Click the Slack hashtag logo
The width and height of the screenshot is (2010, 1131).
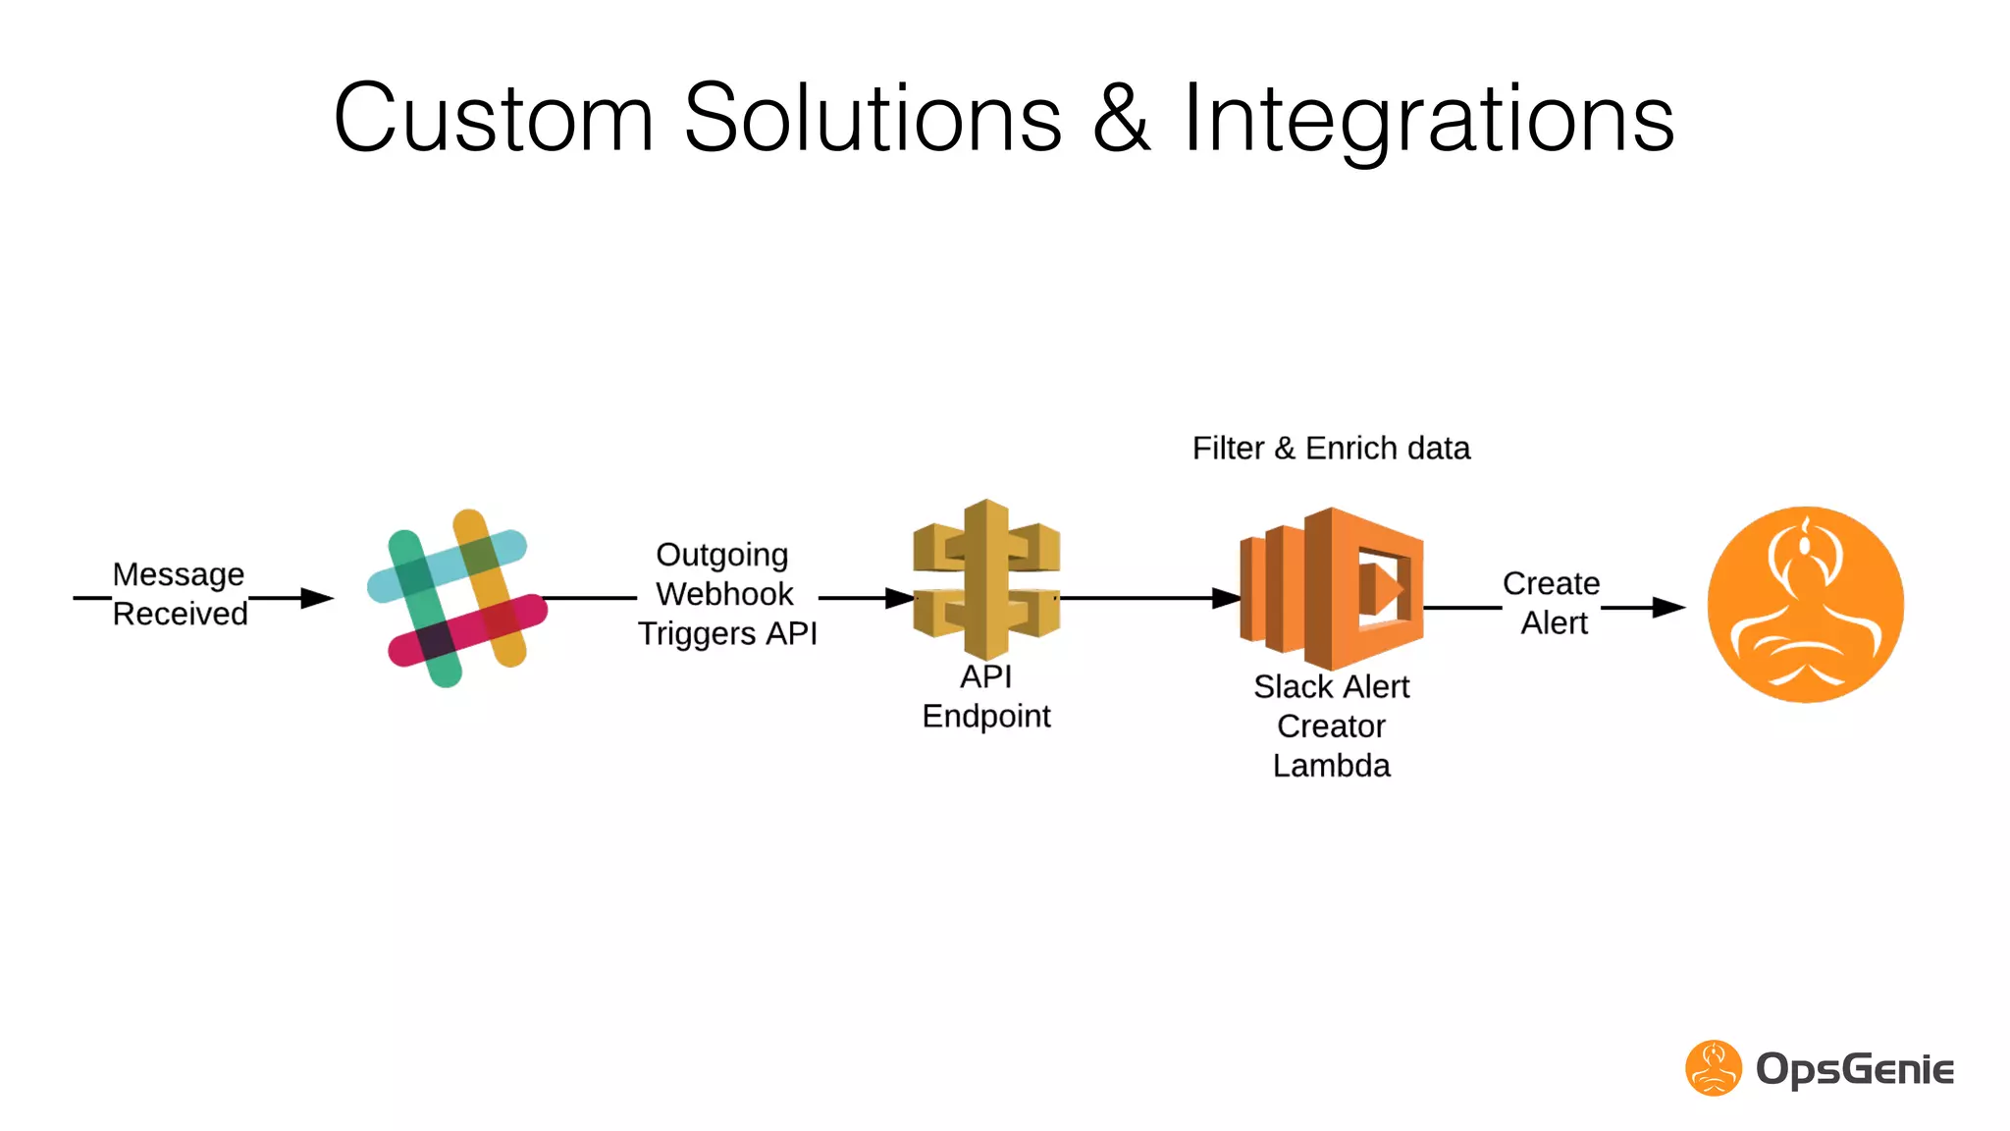point(456,598)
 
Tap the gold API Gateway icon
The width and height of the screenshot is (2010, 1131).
point(986,580)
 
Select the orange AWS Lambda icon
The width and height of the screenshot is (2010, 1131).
point(1332,589)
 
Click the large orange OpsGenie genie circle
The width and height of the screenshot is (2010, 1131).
point(1805,605)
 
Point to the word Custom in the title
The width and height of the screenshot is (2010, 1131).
point(494,119)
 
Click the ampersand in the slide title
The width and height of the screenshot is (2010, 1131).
point(1121,119)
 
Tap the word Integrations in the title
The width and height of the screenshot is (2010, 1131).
point(1428,119)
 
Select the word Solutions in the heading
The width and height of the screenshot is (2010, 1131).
point(873,119)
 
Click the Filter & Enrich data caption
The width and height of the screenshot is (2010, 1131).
point(1331,449)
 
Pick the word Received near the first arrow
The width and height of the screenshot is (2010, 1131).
point(181,615)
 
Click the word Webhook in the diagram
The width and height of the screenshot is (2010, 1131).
point(724,594)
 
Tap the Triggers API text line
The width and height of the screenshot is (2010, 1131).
point(727,634)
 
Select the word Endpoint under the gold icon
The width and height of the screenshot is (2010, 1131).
point(986,717)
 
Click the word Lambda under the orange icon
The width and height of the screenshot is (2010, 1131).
point(1331,766)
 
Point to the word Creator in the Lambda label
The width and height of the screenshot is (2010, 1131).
point(1331,727)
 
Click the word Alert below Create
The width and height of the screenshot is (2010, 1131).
point(1554,623)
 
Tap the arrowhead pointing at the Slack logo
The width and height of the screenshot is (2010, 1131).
point(318,598)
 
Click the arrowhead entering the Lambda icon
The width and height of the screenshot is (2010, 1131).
point(1227,598)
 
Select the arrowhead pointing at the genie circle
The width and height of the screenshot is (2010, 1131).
point(1668,608)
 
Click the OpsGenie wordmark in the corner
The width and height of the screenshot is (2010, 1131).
point(1854,1069)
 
